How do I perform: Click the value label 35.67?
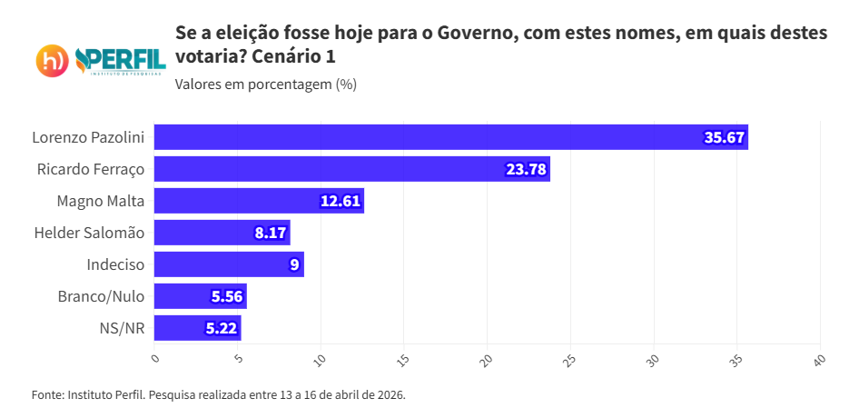(x=725, y=137)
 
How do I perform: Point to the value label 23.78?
(x=527, y=169)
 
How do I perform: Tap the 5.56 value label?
(x=227, y=296)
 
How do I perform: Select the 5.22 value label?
(x=222, y=328)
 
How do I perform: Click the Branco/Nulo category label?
(x=101, y=296)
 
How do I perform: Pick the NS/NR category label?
(x=123, y=328)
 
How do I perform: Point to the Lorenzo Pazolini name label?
(x=88, y=137)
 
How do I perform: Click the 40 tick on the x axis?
(x=819, y=360)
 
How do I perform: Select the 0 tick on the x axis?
(x=155, y=359)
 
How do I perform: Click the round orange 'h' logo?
(x=53, y=61)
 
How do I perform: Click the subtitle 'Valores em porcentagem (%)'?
(x=265, y=85)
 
